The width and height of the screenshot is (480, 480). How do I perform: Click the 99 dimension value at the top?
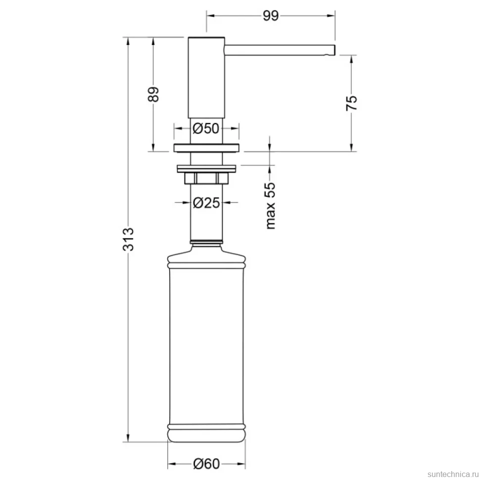pyautogui.click(x=271, y=16)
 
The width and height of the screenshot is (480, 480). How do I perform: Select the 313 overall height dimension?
pyautogui.click(x=128, y=239)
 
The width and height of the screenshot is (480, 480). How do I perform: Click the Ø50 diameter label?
pyautogui.click(x=206, y=128)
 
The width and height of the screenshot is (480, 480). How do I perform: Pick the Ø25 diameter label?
pyautogui.click(x=206, y=202)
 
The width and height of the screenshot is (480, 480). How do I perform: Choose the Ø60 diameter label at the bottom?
pyautogui.click(x=206, y=464)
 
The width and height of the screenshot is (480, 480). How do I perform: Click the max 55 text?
pyautogui.click(x=271, y=205)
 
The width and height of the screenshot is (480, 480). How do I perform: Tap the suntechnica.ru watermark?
pyautogui.click(x=453, y=474)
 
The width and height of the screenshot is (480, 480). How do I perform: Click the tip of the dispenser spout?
pyautogui.click(x=335, y=50)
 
